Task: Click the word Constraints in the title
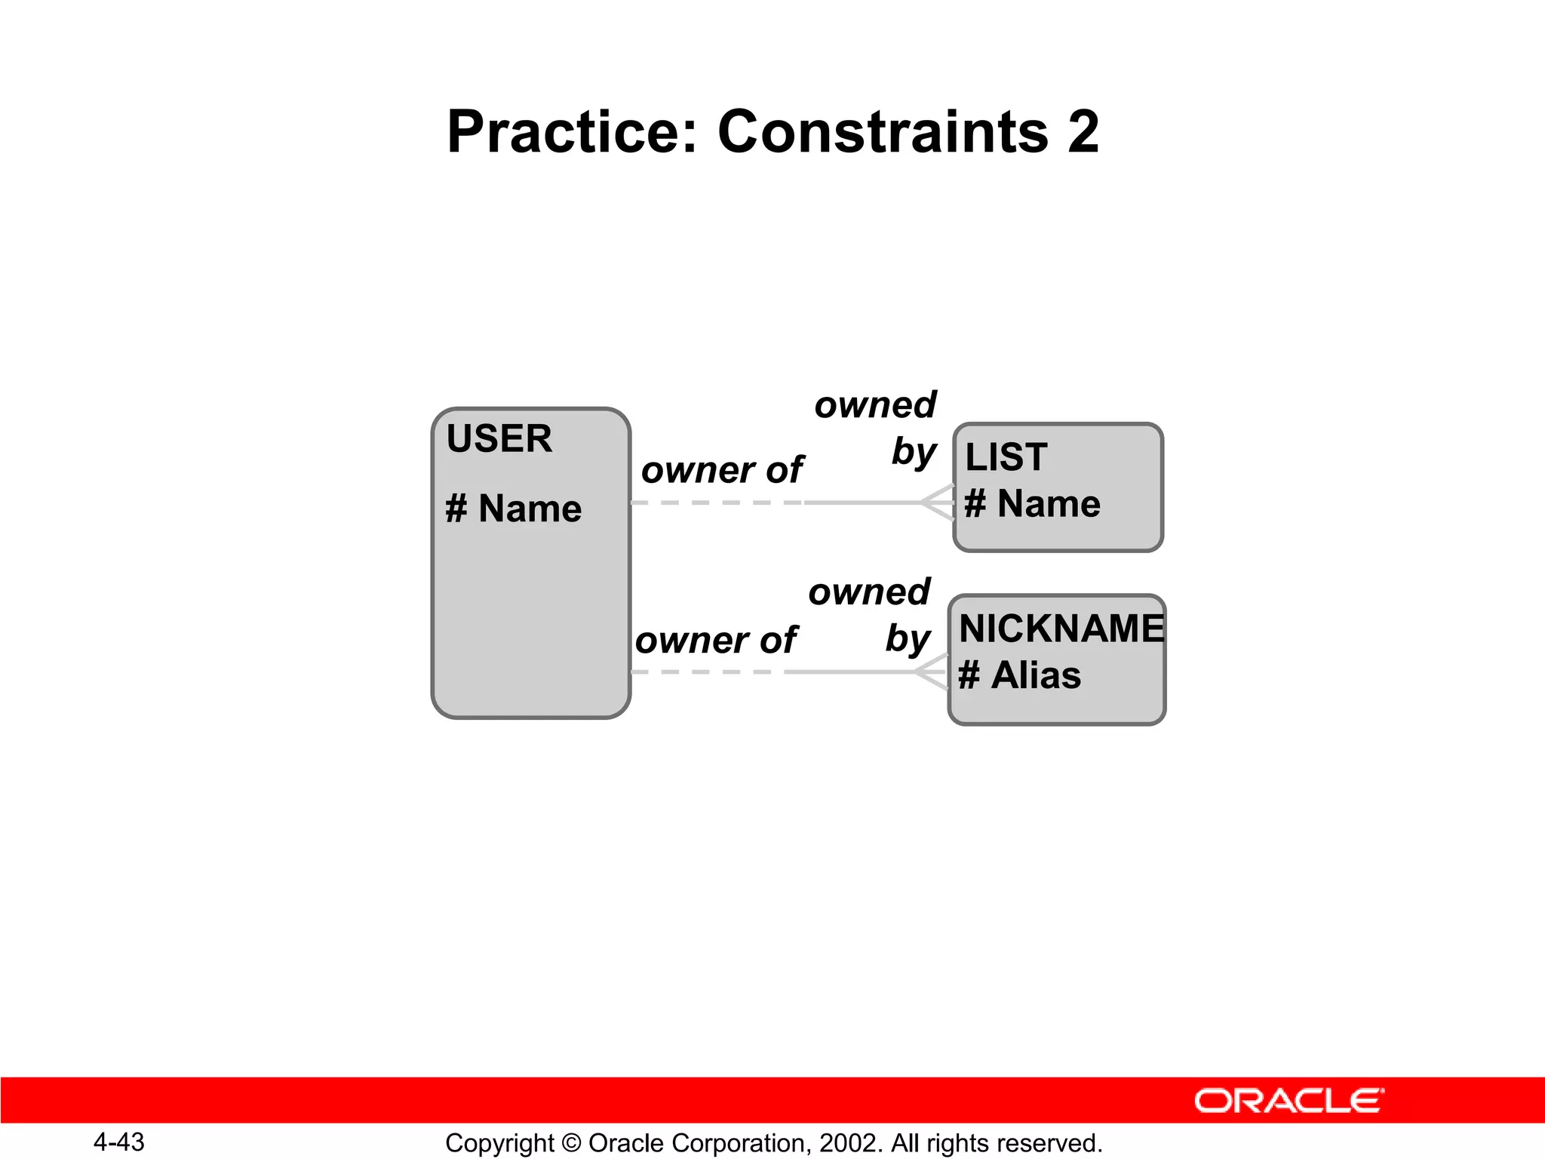[883, 132]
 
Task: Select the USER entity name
[499, 438]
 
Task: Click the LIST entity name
[1006, 457]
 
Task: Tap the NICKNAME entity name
[1061, 628]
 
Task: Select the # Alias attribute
[1019, 675]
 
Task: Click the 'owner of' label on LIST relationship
[722, 470]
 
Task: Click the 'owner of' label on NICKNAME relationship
[715, 640]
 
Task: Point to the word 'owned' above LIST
[875, 405]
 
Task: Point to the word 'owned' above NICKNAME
[869, 592]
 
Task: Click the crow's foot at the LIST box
[938, 503]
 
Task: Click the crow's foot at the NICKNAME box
[932, 672]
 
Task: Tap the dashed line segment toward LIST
[717, 503]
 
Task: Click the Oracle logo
[1289, 1101]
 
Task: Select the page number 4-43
[118, 1142]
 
